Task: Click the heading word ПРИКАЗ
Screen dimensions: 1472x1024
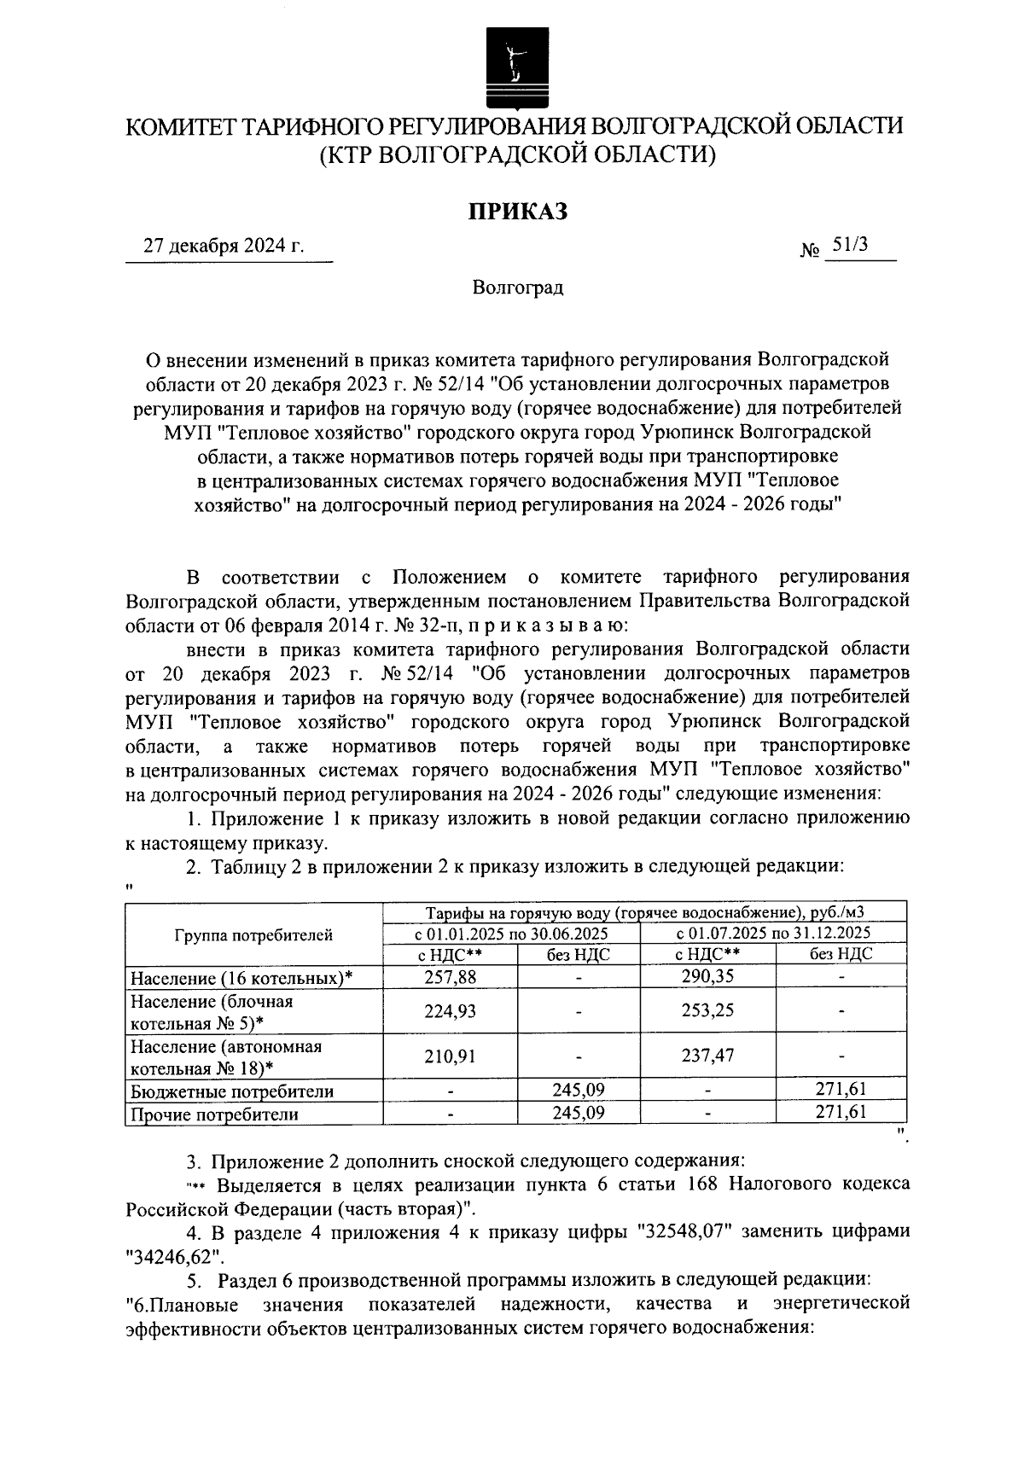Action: (516, 212)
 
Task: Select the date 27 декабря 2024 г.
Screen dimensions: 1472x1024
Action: (224, 247)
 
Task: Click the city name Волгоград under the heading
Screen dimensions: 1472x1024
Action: (518, 288)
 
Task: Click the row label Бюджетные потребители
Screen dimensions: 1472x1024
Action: (230, 1091)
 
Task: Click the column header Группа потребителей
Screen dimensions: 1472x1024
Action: (253, 935)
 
